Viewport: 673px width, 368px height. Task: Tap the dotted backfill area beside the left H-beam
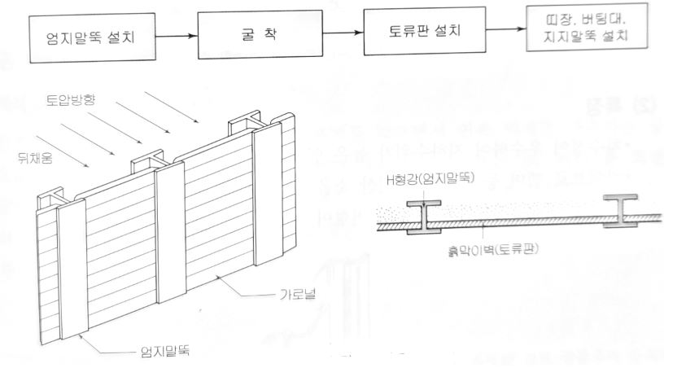pos(399,213)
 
